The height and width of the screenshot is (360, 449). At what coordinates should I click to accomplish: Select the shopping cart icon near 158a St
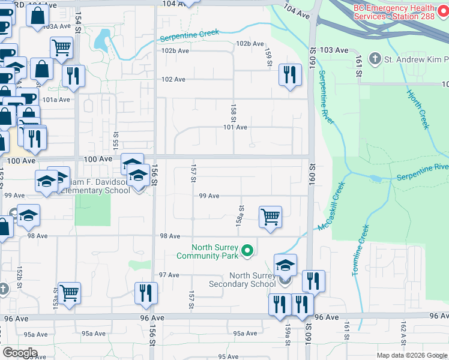click(x=271, y=217)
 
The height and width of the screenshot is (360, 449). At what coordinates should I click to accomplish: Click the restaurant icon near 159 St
click(x=290, y=75)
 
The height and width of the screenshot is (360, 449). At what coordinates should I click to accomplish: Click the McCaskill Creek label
click(x=333, y=206)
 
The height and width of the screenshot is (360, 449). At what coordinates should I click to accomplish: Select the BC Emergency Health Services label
click(x=394, y=11)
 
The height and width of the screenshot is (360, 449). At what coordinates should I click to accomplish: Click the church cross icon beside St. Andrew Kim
click(x=375, y=59)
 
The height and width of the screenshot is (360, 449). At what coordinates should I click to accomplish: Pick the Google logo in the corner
click(x=20, y=353)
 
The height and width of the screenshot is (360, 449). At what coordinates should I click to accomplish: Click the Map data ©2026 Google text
click(x=411, y=355)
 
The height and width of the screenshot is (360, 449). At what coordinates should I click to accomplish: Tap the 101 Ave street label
click(x=235, y=127)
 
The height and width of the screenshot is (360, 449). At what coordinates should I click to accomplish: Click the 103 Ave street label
click(x=334, y=51)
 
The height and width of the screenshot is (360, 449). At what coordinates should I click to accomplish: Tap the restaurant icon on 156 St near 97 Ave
click(x=146, y=293)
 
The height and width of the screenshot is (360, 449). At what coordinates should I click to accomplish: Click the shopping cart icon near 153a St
click(x=70, y=293)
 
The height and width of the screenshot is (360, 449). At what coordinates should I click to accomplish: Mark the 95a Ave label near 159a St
click(x=246, y=334)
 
